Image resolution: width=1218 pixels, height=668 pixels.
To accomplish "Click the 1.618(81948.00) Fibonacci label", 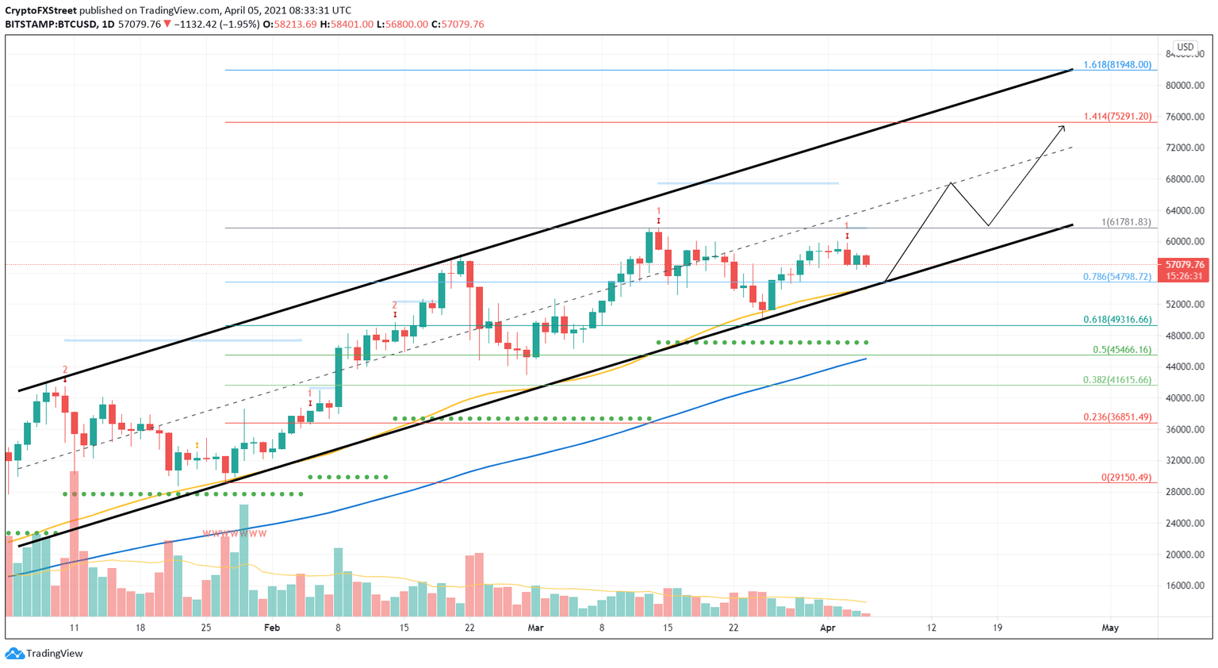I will point(1116,64).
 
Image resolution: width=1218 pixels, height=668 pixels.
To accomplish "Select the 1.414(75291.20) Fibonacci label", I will point(1116,116).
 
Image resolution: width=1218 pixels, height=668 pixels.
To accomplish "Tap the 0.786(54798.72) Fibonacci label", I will point(1116,277).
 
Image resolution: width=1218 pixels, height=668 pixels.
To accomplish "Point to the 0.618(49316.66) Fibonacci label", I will point(1116,320).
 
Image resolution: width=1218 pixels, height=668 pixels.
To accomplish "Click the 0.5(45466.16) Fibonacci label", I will point(1121,350).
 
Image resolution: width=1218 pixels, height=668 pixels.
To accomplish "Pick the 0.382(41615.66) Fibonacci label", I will point(1116,380).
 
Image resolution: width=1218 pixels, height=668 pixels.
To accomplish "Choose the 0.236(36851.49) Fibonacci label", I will point(1116,417).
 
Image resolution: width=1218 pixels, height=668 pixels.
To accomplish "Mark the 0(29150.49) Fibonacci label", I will point(1125,478).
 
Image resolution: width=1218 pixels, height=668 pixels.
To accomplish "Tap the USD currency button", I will point(1185,48).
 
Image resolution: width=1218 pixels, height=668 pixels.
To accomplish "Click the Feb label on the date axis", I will point(272,628).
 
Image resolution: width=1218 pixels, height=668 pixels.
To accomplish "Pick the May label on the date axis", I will point(1110,628).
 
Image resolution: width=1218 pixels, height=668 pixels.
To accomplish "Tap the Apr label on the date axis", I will point(827,628).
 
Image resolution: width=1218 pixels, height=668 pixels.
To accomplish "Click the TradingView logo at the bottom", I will point(44,654).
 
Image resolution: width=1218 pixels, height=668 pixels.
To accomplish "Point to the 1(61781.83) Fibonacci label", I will point(1125,222).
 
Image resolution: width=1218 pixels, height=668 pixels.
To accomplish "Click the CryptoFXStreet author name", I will point(40,10).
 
